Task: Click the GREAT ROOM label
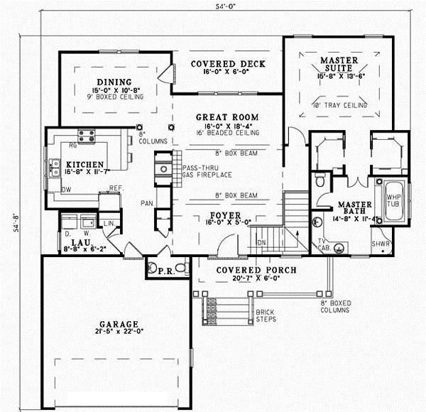pos(227,117)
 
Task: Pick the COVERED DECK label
pos(228,64)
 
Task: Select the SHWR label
pos(381,244)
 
